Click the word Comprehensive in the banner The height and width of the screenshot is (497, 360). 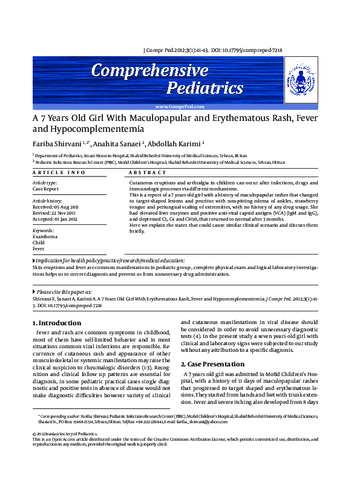(149, 71)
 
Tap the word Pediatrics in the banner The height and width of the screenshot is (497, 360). (205, 89)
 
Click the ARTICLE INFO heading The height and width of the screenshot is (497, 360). (59, 173)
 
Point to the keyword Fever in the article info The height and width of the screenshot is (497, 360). (39, 248)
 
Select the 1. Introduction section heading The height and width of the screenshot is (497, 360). (56, 323)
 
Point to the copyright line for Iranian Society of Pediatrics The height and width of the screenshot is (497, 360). (64, 434)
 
